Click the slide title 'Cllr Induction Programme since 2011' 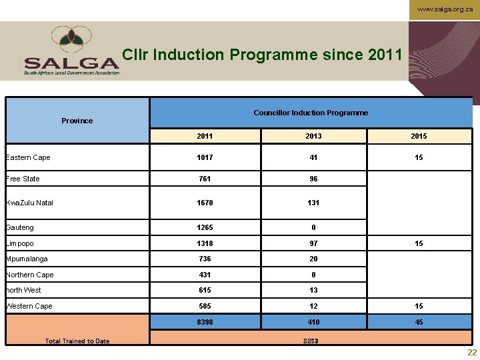coord(263,55)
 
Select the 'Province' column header coord(77,121)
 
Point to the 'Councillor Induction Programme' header coord(311,113)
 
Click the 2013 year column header coord(313,136)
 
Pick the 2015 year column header coord(419,136)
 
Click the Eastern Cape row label coord(28,157)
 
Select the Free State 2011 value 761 coord(205,179)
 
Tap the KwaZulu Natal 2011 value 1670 coord(205,203)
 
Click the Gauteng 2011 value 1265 coord(205,227)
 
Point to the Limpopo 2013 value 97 coord(313,243)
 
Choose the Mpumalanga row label coord(27,259)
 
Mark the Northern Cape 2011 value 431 coord(205,275)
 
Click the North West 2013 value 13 coord(313,290)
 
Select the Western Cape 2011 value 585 coord(205,306)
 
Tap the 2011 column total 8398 coord(205,322)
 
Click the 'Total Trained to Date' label coord(77,341)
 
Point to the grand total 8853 coord(311,341)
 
